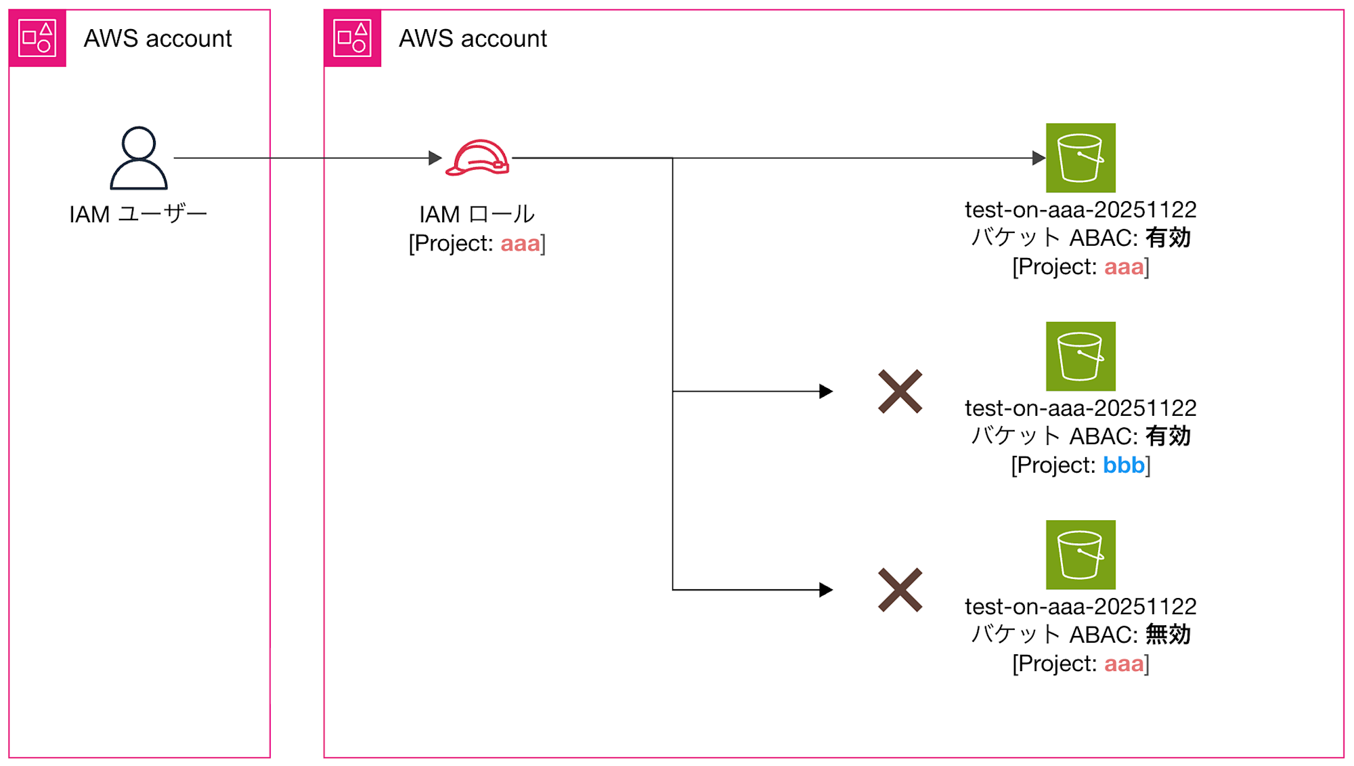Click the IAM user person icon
pyautogui.click(x=139, y=158)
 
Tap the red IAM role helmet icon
pyautogui.click(x=477, y=158)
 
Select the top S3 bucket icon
pyautogui.click(x=1080, y=158)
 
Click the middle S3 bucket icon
pyautogui.click(x=1080, y=356)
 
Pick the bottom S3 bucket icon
pyautogui.click(x=1080, y=555)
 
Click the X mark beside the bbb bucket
pyautogui.click(x=900, y=391)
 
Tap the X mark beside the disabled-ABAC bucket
pyautogui.click(x=900, y=590)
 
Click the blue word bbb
pyautogui.click(x=1123, y=465)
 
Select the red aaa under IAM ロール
pyautogui.click(x=520, y=243)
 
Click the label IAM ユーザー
pyautogui.click(x=138, y=214)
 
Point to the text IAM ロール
pyautogui.click(x=477, y=214)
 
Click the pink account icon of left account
pyautogui.click(x=37, y=38)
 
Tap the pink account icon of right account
pyautogui.click(x=352, y=38)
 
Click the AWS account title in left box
pyautogui.click(x=158, y=39)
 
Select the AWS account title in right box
pyautogui.click(x=473, y=39)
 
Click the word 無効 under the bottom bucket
pyautogui.click(x=1168, y=635)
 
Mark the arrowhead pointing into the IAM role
pyautogui.click(x=435, y=158)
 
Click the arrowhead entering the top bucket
pyautogui.click(x=1039, y=158)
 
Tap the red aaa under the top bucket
pyautogui.click(x=1124, y=267)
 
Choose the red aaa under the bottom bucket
pyautogui.click(x=1124, y=664)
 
